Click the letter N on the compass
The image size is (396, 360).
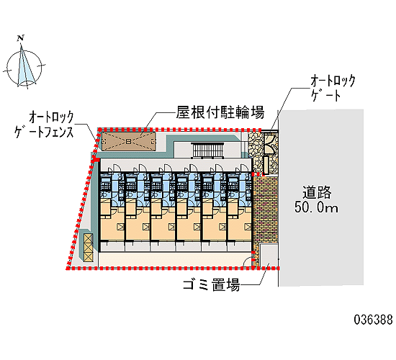(21, 38)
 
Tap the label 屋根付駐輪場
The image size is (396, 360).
(220, 112)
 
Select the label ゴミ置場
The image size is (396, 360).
(211, 284)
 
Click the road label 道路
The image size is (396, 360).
(317, 192)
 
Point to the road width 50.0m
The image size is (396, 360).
(316, 207)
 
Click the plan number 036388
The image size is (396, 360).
(373, 320)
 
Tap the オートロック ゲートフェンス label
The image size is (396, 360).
(44, 125)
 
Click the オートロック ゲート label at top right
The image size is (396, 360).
(333, 88)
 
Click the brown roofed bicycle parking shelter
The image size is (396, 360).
(129, 141)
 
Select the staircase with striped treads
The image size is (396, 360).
(207, 150)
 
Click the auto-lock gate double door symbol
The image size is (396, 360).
(270, 143)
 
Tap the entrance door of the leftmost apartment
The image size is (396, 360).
(117, 168)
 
